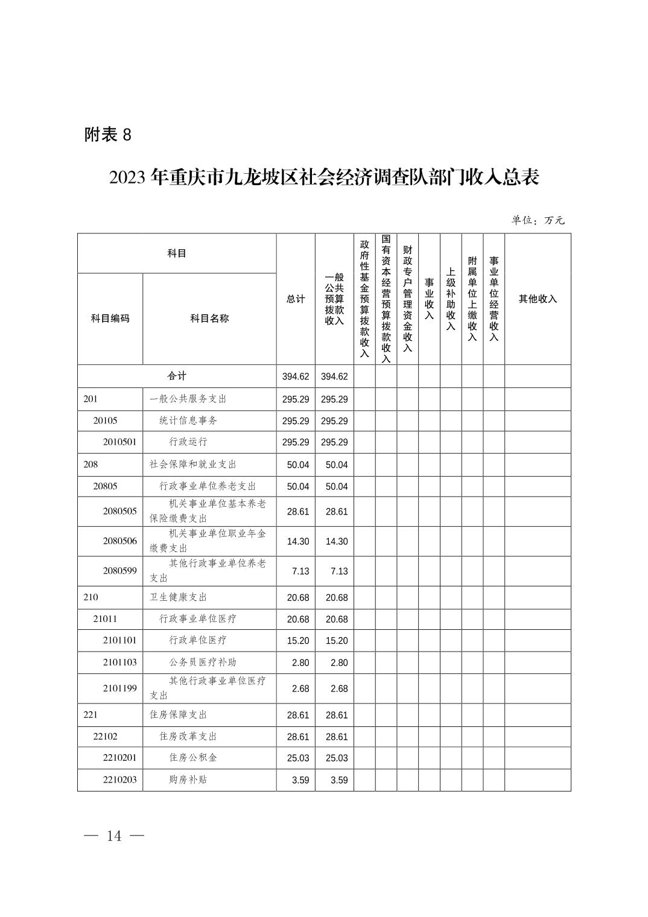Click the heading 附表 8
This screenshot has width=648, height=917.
tap(108, 135)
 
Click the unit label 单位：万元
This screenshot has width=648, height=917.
tap(538, 221)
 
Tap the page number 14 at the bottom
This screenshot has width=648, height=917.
tap(114, 836)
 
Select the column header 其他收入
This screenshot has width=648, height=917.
tap(538, 299)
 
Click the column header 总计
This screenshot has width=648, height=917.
tap(296, 299)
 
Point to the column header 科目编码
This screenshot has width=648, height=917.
tap(110, 319)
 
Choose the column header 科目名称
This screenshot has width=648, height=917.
tap(209, 319)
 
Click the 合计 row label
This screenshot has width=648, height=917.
tap(177, 376)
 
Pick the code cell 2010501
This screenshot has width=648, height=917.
tap(119, 442)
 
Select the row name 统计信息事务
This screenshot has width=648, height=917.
tap(188, 420)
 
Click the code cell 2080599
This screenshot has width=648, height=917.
tap(119, 571)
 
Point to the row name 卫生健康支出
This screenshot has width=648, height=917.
tap(179, 597)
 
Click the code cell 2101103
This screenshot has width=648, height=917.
tap(119, 662)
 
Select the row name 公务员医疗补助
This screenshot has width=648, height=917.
tap(203, 662)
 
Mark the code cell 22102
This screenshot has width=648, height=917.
tap(106, 737)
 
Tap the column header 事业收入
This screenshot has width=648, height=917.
tap(429, 299)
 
